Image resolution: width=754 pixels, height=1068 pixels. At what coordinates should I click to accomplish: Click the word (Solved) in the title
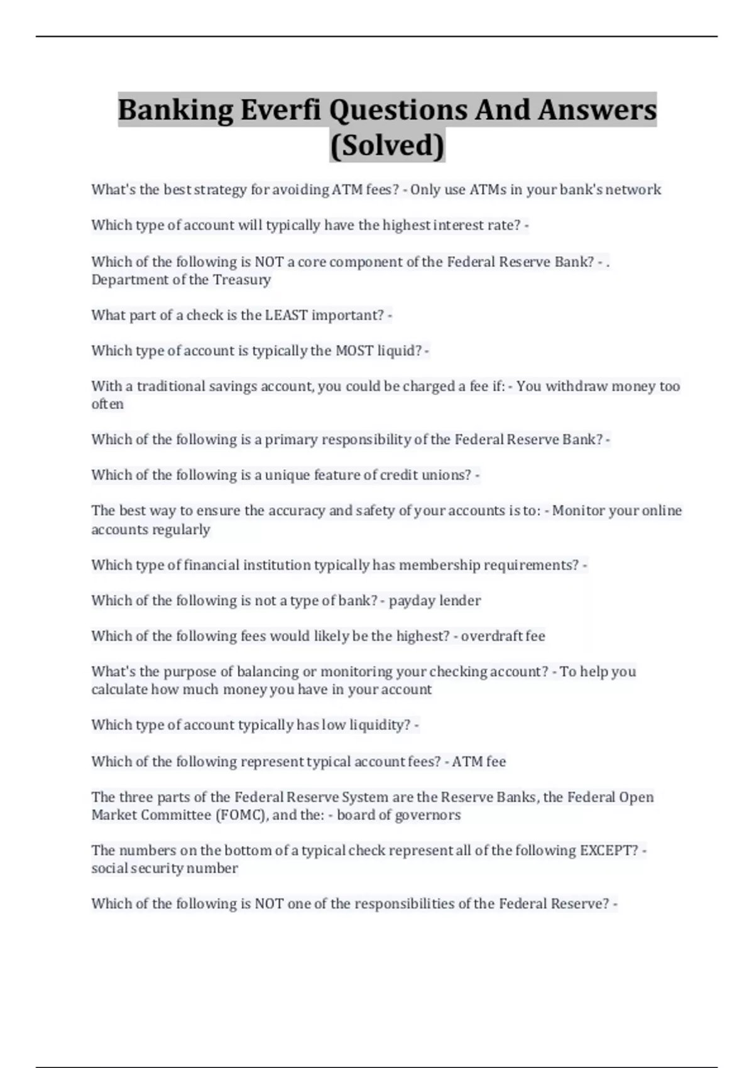click(387, 145)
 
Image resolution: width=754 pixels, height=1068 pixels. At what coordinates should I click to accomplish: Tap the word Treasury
click(242, 280)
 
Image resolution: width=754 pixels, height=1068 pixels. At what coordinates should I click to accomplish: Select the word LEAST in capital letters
click(286, 315)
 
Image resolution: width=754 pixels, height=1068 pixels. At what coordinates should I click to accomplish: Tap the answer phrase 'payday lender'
click(435, 601)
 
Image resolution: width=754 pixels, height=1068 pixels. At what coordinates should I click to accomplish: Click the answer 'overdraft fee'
click(503, 636)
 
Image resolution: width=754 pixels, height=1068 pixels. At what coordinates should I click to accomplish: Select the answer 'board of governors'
click(398, 815)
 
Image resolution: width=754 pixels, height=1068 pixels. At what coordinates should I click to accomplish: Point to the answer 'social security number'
click(165, 868)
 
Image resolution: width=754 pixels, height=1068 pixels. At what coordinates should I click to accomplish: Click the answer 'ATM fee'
click(479, 762)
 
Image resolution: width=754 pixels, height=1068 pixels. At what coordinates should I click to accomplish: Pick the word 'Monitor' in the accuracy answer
click(578, 511)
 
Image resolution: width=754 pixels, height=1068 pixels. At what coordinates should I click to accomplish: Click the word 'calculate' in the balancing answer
click(119, 690)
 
